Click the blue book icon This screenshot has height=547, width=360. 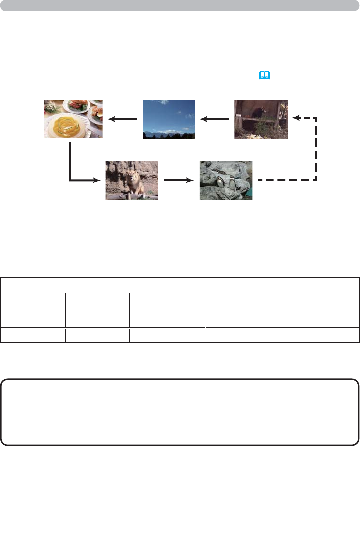(266, 75)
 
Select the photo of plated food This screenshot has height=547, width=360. (73, 119)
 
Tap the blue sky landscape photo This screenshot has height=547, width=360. (169, 119)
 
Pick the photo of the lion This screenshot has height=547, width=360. (132, 180)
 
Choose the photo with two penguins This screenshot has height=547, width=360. (225, 180)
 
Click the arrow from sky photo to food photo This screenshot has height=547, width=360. (123, 119)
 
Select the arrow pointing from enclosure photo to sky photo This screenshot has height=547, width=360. (215, 119)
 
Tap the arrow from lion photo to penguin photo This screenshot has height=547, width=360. (179, 180)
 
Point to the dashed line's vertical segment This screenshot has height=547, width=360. (316, 148)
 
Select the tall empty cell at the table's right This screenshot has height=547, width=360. (282, 302)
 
